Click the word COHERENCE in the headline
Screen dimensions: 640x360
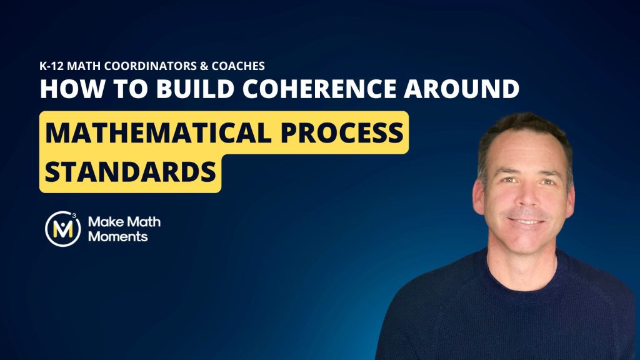coord(319,89)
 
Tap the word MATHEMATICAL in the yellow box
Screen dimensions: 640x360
coord(158,132)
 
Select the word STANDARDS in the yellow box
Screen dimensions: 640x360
coord(130,171)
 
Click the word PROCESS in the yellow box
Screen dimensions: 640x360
coord(342,132)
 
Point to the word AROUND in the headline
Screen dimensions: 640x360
coord(462,89)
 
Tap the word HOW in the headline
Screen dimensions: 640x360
coord(72,89)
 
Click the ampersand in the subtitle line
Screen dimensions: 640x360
coord(204,66)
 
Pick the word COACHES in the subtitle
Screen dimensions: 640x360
coord(238,66)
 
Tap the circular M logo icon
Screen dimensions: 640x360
coord(63,229)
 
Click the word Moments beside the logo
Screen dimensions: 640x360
coord(117,236)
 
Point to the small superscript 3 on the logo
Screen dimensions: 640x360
coord(74,215)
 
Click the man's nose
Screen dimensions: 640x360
coord(526,196)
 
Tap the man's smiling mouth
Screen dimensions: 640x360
coord(526,222)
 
